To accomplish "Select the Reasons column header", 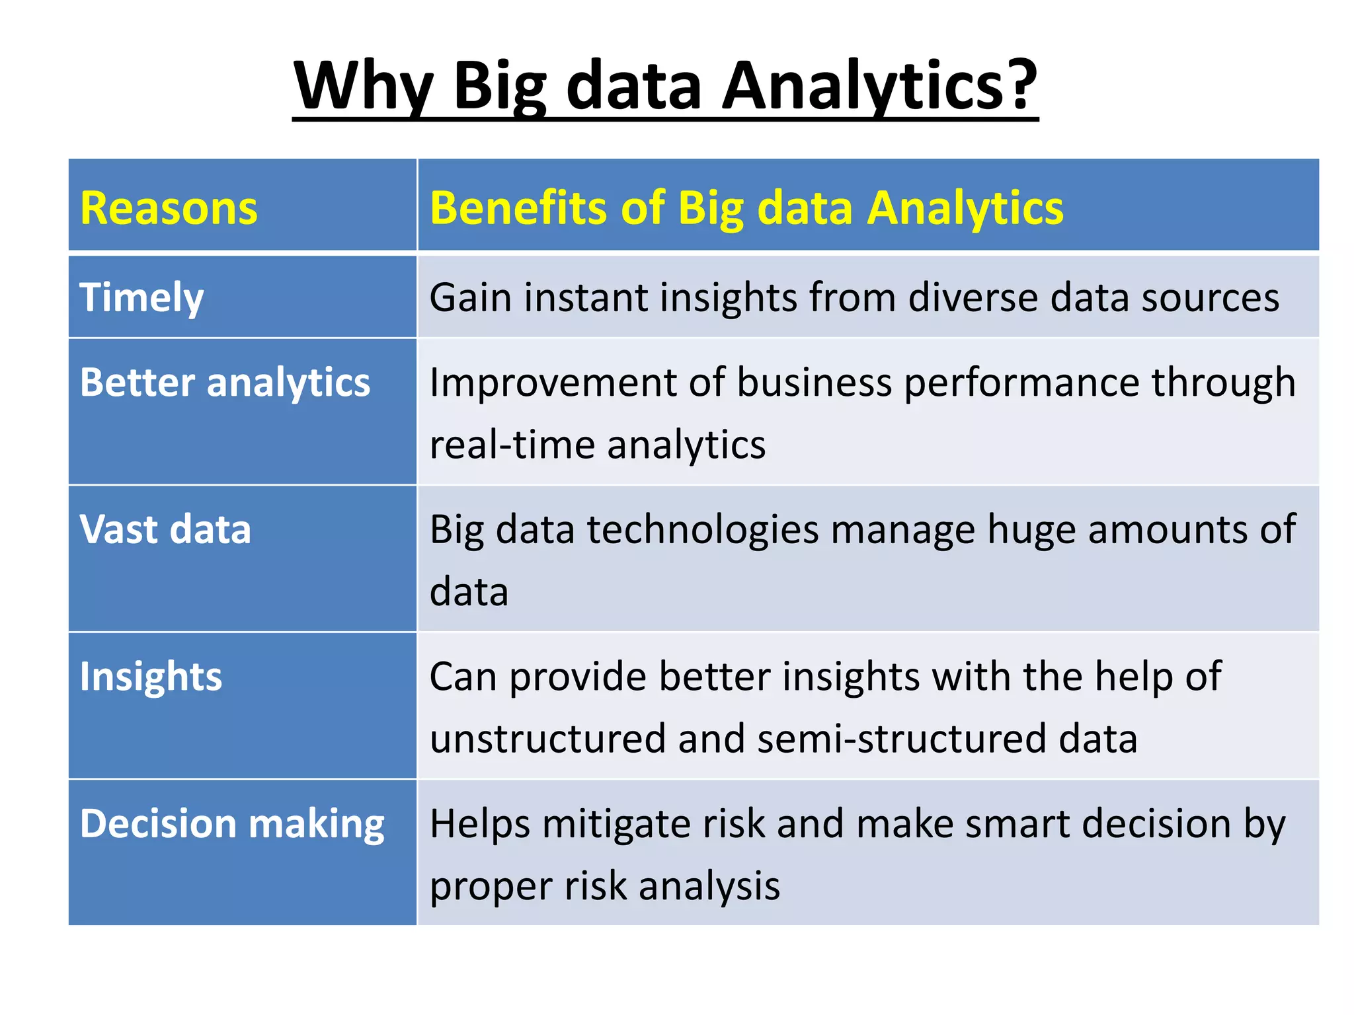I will point(169,208).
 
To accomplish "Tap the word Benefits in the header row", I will point(519,208).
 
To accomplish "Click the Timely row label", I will point(141,298).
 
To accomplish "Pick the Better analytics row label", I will point(225,383).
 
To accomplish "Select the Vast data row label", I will point(165,530).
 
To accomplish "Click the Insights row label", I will point(151,677).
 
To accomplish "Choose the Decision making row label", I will point(232,825).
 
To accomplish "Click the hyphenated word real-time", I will point(512,444).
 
